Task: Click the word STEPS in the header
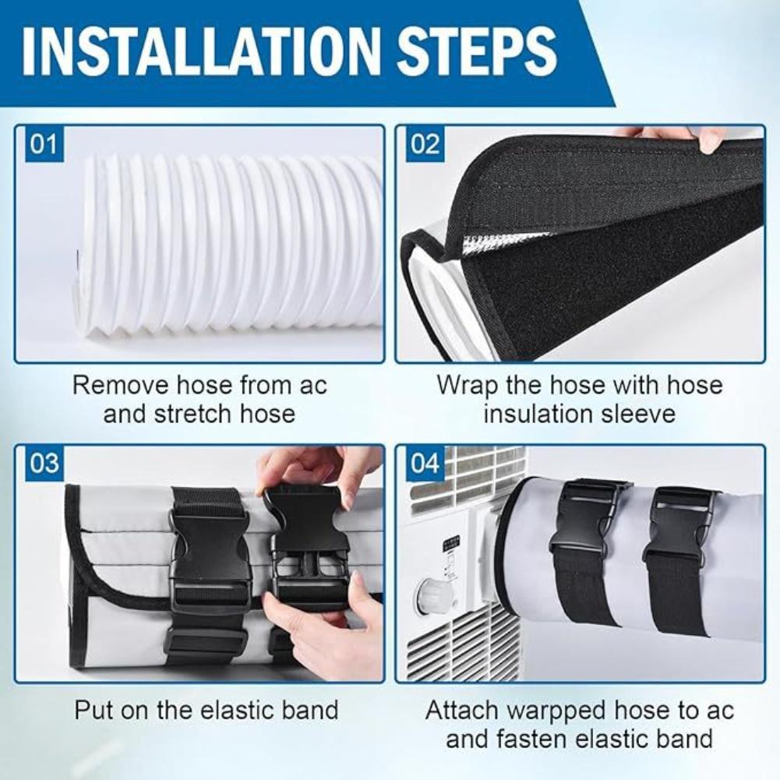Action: [x=477, y=50]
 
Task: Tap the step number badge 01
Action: [x=44, y=145]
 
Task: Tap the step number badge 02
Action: [x=425, y=145]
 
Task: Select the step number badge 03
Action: [x=44, y=464]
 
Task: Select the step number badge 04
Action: [x=425, y=464]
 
